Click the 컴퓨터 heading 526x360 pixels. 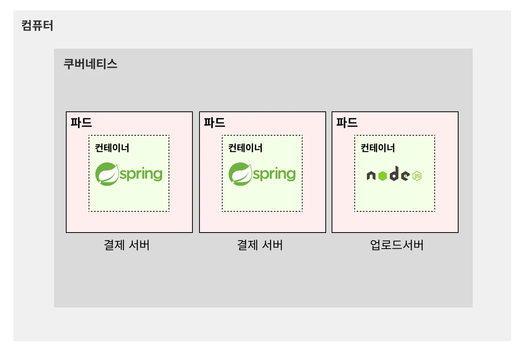point(37,26)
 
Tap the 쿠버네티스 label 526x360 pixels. point(90,64)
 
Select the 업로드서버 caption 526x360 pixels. point(397,245)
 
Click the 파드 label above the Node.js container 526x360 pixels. point(347,122)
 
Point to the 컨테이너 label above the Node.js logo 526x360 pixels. point(377,148)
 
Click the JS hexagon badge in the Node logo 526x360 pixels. point(417,176)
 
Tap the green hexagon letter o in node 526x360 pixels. point(383,176)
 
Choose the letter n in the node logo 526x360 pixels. point(371,176)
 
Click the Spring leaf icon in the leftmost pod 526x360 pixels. point(107,174)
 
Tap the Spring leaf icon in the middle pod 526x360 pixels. point(240,174)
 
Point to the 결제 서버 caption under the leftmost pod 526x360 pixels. point(127,245)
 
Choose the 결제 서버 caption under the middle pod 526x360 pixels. point(260,245)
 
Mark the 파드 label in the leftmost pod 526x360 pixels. point(81,122)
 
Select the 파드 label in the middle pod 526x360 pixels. point(214,122)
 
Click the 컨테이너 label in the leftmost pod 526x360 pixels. point(112,148)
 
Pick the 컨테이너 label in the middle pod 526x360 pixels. point(245,148)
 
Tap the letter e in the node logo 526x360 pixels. point(405,176)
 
